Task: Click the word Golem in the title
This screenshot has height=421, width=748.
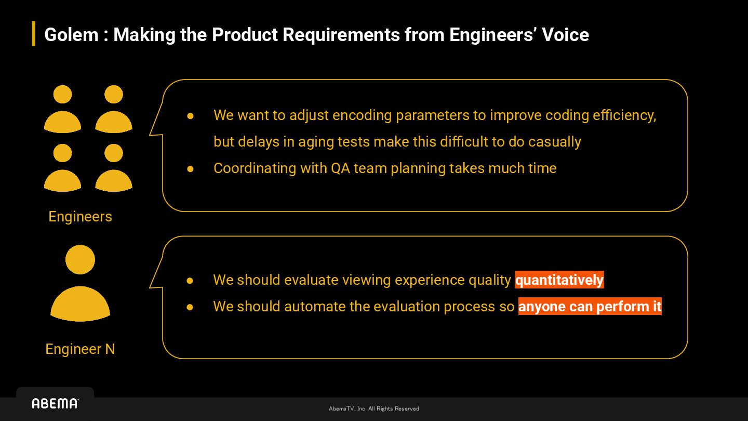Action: (x=72, y=35)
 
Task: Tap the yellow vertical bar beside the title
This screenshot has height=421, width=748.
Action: (x=34, y=33)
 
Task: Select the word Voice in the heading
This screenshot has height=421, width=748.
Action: (x=565, y=35)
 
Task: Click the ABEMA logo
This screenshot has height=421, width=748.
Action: (x=56, y=404)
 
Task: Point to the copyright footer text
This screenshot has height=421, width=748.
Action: (x=373, y=409)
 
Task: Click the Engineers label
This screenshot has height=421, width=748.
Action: (x=80, y=217)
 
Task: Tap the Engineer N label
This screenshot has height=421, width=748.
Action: (x=80, y=349)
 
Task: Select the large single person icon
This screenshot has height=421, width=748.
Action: (x=80, y=283)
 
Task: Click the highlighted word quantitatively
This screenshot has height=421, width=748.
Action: (x=559, y=280)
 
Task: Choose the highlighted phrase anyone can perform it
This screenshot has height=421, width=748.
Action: (x=590, y=307)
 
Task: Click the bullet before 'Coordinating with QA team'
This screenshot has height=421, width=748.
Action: (x=190, y=169)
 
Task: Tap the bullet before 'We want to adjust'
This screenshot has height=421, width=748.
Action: (x=190, y=116)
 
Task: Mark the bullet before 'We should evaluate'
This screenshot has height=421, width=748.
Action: (x=190, y=280)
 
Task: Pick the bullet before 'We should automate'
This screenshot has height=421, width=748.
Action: (x=190, y=307)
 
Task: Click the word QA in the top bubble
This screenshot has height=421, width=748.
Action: (x=340, y=168)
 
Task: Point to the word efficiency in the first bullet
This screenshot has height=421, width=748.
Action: (x=624, y=115)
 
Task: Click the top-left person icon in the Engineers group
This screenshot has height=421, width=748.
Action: (x=62, y=109)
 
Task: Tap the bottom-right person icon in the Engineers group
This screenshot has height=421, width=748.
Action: (x=114, y=168)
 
